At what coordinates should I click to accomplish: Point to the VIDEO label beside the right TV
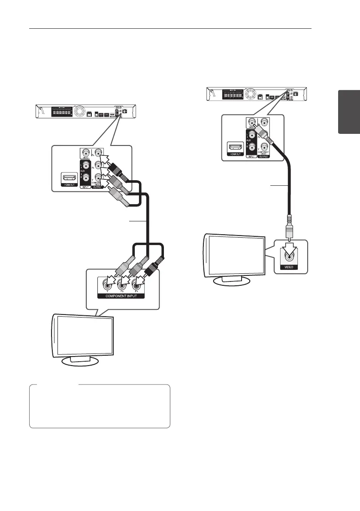(287, 266)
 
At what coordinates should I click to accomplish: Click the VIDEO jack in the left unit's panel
(87, 152)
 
